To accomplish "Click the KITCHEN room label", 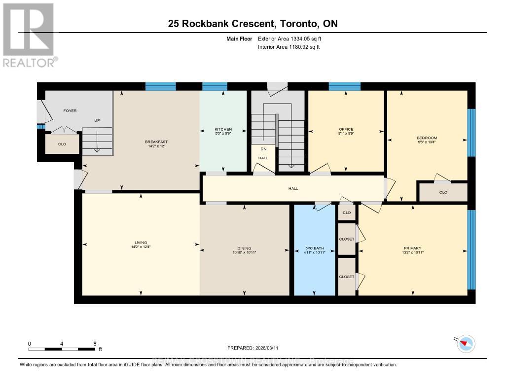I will click(x=223, y=130).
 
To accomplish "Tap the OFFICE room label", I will click(x=346, y=130).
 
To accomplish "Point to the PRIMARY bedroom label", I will click(x=413, y=248).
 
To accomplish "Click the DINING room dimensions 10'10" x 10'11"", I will click(x=245, y=252).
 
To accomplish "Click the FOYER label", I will click(x=70, y=111).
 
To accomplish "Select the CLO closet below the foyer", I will click(x=62, y=144).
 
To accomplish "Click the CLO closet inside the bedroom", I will click(x=443, y=192).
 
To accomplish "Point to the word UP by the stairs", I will click(x=97, y=120).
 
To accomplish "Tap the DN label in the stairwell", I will click(x=263, y=148).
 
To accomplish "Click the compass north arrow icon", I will click(x=466, y=343).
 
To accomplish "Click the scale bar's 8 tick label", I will click(x=94, y=343).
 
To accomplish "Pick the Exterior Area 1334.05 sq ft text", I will click(x=289, y=38).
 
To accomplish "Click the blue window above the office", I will click(x=344, y=87).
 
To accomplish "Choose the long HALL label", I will click(x=293, y=188).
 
